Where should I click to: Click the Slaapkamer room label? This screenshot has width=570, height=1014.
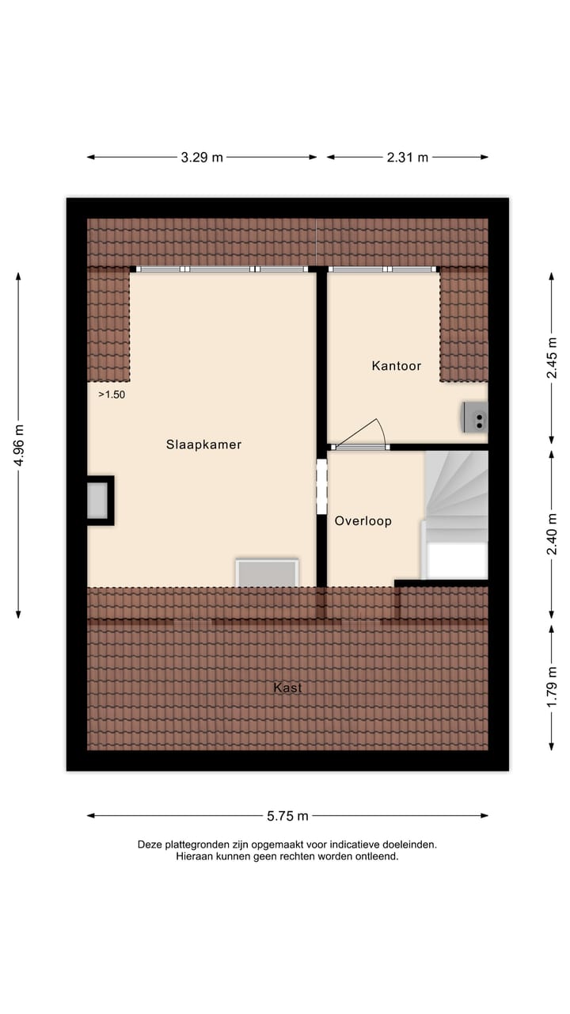click(203, 444)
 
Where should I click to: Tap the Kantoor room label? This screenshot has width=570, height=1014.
click(396, 366)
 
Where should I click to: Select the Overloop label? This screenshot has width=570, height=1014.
click(363, 521)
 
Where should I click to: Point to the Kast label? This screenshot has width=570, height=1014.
click(287, 688)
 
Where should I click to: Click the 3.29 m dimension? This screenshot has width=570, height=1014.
click(202, 157)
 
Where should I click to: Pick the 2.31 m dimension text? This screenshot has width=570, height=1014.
click(408, 157)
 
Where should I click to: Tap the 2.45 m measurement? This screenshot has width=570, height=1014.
click(552, 358)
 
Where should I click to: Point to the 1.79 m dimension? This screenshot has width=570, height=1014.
click(552, 687)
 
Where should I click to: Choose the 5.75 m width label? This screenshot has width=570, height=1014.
click(287, 815)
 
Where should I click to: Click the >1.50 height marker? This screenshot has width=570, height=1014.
click(112, 394)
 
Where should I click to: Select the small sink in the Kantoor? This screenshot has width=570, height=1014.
click(476, 417)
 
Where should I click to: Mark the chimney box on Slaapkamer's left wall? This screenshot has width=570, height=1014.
click(99, 500)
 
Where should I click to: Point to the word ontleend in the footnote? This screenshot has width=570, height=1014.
click(376, 856)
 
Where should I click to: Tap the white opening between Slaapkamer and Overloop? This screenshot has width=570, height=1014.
click(321, 486)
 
